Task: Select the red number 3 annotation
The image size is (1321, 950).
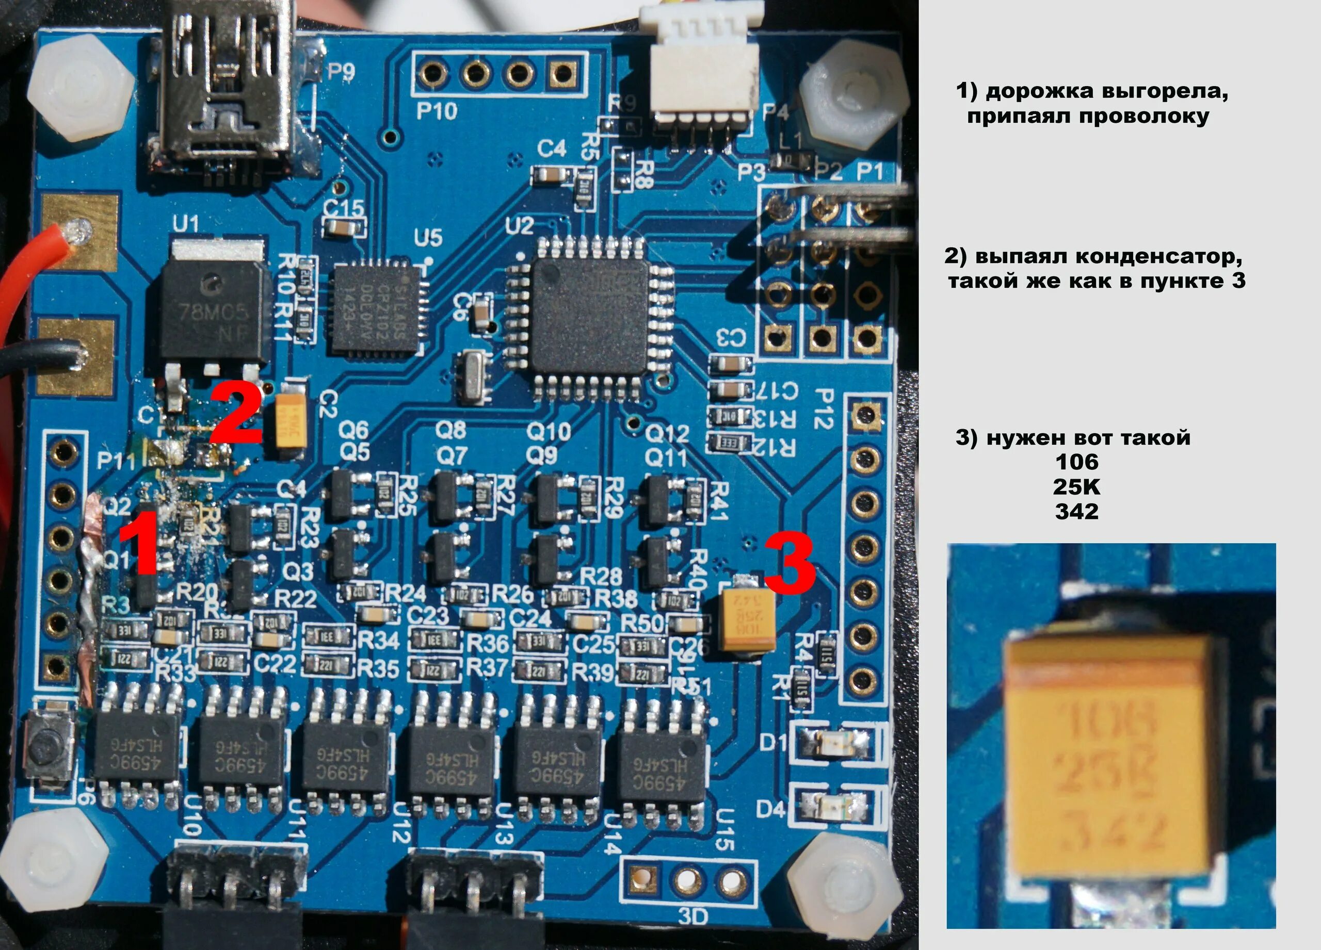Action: [x=789, y=564]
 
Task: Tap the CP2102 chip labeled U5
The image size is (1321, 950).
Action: [x=376, y=308]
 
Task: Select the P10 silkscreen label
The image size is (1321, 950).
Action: [x=436, y=110]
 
